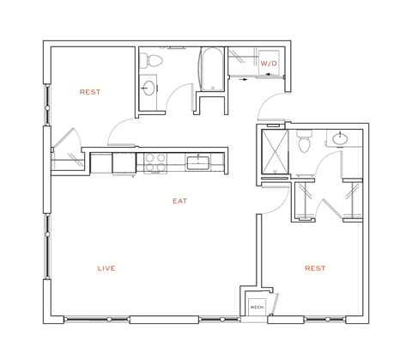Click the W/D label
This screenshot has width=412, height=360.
click(268, 64)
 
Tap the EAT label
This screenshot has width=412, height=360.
click(179, 201)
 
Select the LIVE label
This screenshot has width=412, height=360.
click(106, 268)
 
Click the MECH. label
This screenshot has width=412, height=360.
click(256, 308)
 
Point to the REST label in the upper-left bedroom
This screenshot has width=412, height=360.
click(90, 92)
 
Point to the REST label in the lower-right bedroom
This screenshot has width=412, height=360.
click(315, 268)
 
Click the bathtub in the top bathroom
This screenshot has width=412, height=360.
click(211, 69)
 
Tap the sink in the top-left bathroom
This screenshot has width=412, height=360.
click(148, 88)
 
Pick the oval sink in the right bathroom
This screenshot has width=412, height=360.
click(341, 137)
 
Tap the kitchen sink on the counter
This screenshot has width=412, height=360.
click(198, 162)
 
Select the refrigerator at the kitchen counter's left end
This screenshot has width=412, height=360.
click(101, 162)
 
